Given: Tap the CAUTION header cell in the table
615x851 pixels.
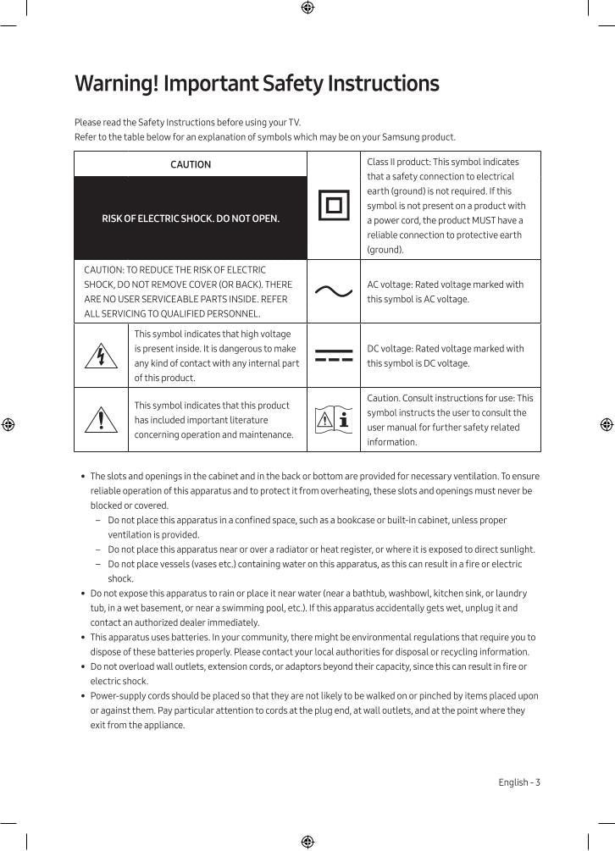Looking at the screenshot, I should click(x=191, y=164).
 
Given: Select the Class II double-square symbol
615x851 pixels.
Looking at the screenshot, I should click(x=334, y=205).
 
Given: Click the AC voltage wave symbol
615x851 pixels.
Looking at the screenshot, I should click(x=334, y=291).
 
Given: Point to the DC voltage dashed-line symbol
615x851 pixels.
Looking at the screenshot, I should click(x=334, y=356).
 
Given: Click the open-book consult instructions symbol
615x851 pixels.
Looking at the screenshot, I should click(x=334, y=419).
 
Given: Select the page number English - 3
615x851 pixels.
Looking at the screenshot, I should click(x=518, y=782).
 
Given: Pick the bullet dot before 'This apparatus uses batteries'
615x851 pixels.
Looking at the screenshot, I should click(x=82, y=638).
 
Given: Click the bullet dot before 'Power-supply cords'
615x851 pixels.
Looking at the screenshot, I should click(x=82, y=696).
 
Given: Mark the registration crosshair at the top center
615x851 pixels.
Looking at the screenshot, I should click(x=307, y=8).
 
